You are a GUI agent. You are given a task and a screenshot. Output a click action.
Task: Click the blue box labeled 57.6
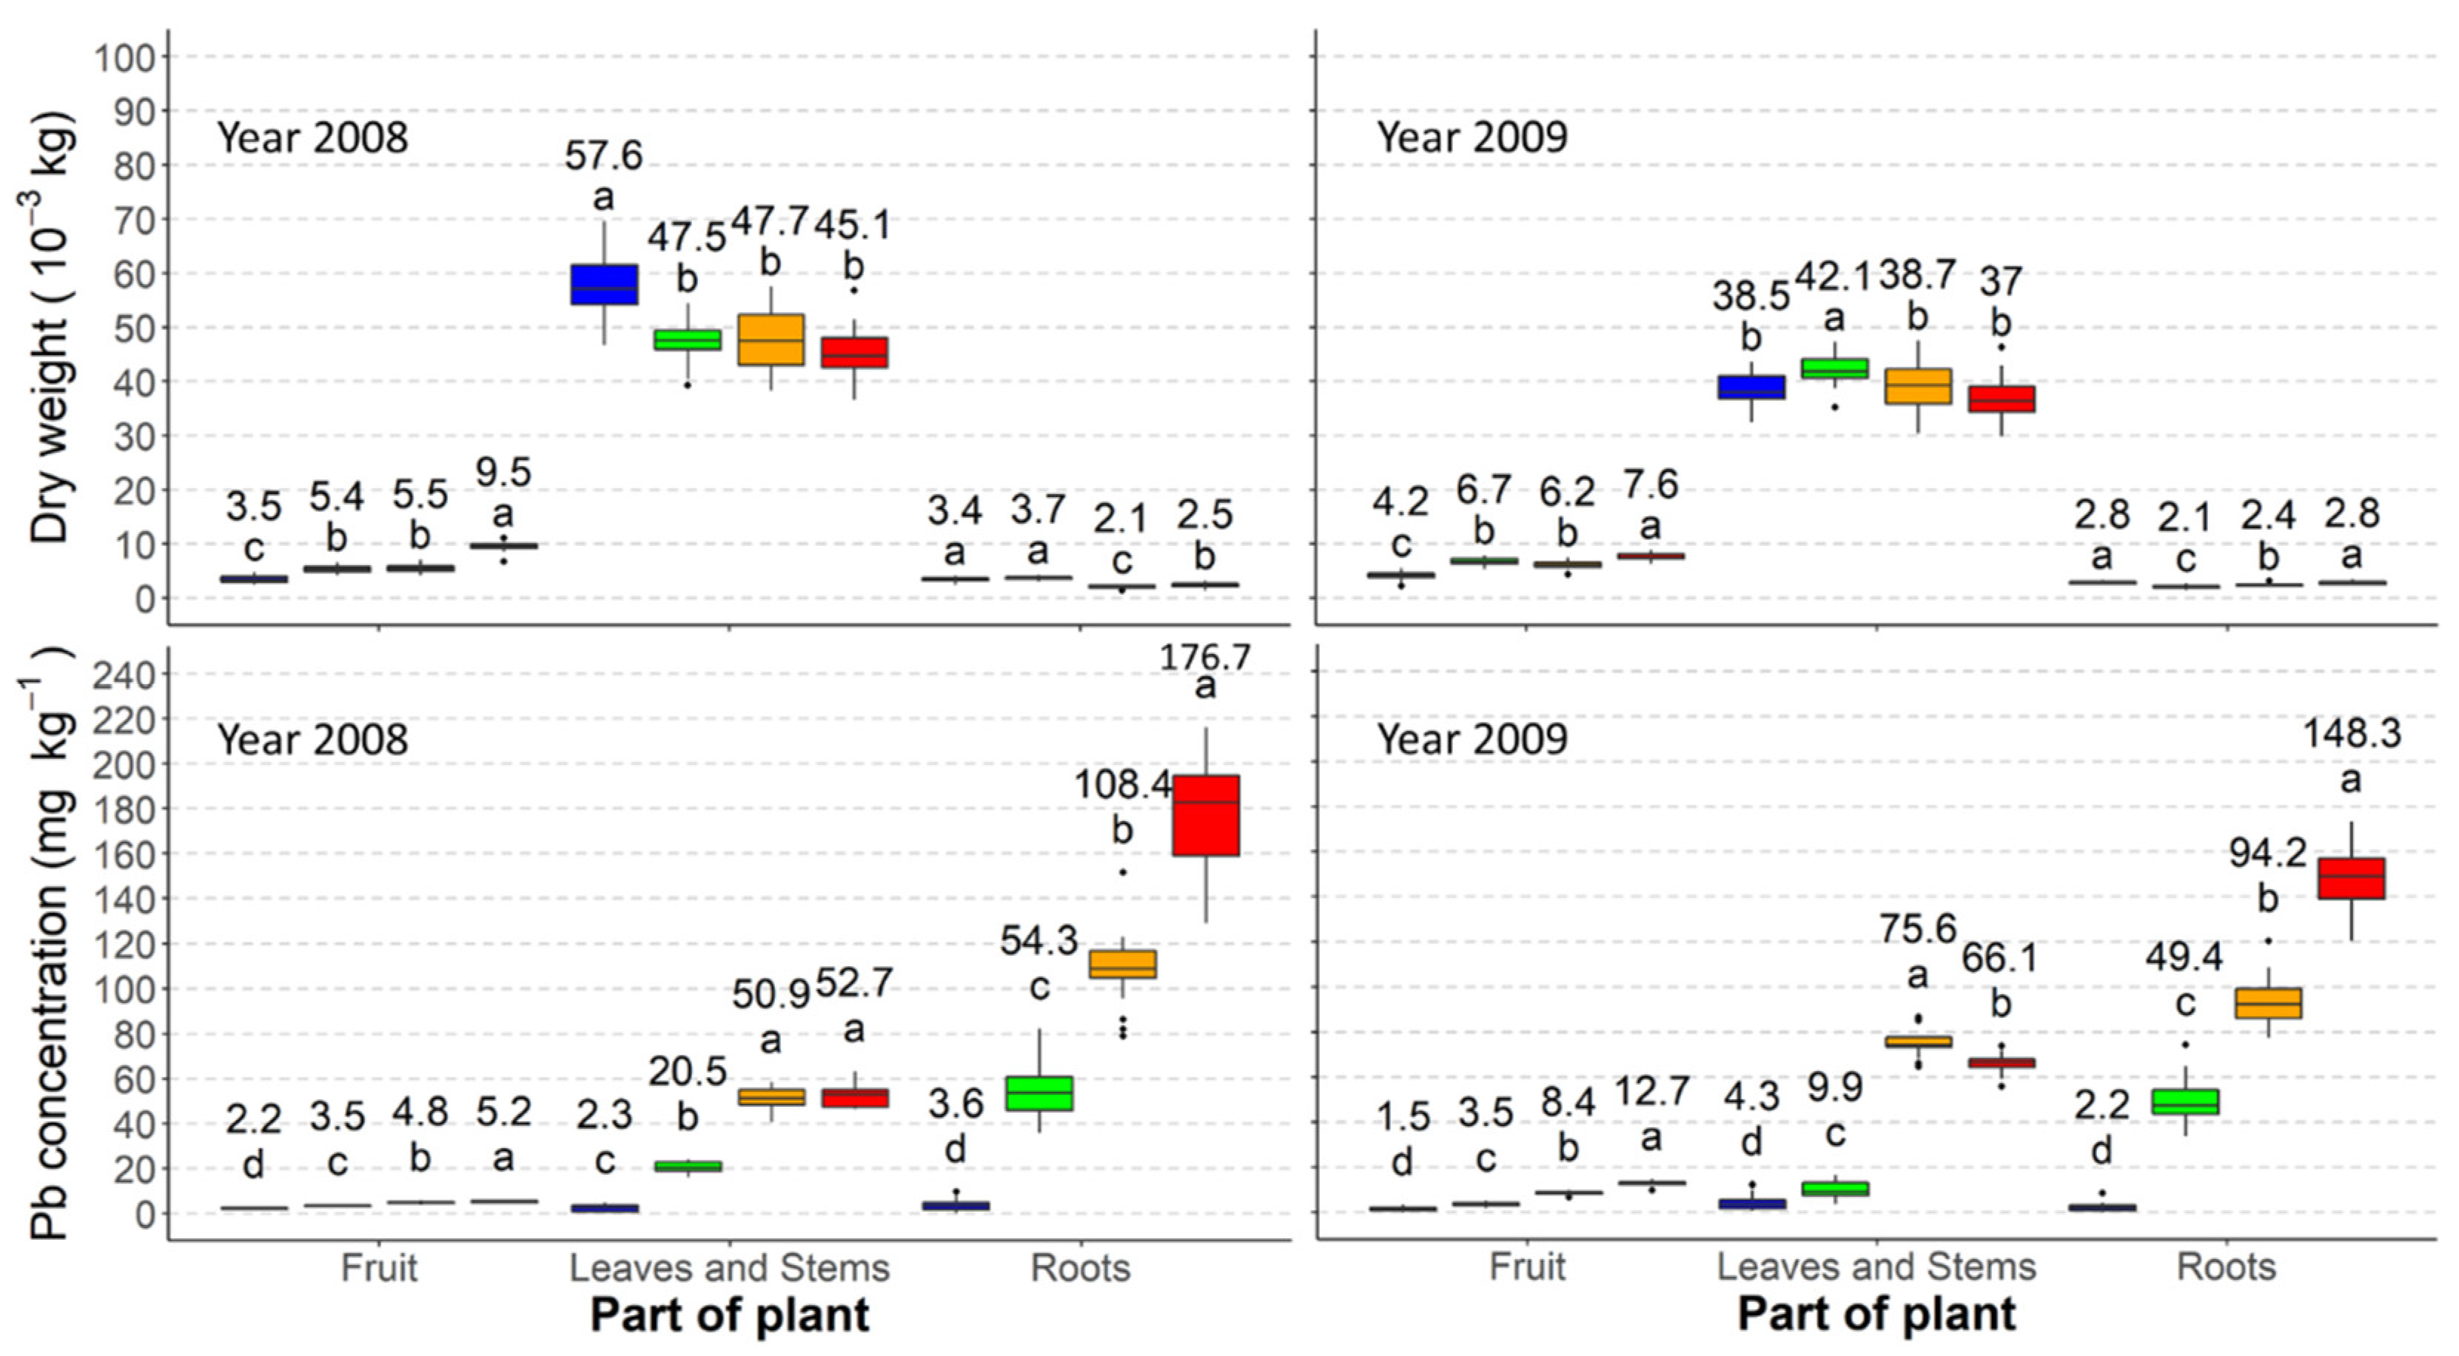point(604,284)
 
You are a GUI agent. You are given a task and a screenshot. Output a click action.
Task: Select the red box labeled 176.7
point(1206,815)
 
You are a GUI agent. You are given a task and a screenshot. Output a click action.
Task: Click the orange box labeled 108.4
point(1123,964)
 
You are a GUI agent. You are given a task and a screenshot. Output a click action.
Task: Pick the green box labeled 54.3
point(1039,1093)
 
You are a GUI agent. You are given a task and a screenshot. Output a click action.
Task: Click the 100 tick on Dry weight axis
point(124,57)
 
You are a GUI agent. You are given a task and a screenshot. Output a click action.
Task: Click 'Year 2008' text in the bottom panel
point(312,740)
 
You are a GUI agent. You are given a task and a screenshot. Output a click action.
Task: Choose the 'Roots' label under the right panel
point(2226,1267)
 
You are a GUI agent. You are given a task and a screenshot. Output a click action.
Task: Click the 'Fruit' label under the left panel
point(379,1268)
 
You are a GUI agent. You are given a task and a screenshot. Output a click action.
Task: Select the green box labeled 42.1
point(1834,368)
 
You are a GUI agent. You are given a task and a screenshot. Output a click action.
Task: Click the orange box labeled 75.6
point(1918,1041)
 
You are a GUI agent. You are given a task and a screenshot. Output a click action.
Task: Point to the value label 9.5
point(503,471)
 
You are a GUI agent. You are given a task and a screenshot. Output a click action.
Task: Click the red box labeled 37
point(2001,399)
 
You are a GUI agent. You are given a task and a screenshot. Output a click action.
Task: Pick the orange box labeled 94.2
point(2268,1003)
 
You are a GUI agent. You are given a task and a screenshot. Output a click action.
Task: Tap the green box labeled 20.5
point(688,1165)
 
